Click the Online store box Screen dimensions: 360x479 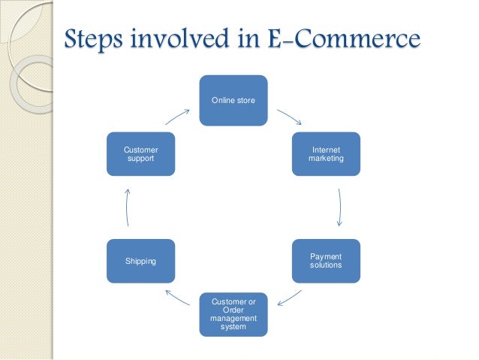[x=233, y=100]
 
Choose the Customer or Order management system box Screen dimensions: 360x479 [x=233, y=314]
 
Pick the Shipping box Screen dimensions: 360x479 [x=141, y=261]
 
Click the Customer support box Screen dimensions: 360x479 [x=141, y=154]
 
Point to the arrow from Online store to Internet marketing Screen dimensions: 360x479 [x=289, y=117]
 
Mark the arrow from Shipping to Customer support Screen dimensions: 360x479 [x=126, y=207]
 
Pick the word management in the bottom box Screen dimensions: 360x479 [x=233, y=319]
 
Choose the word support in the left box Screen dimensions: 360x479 [x=141, y=159]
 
